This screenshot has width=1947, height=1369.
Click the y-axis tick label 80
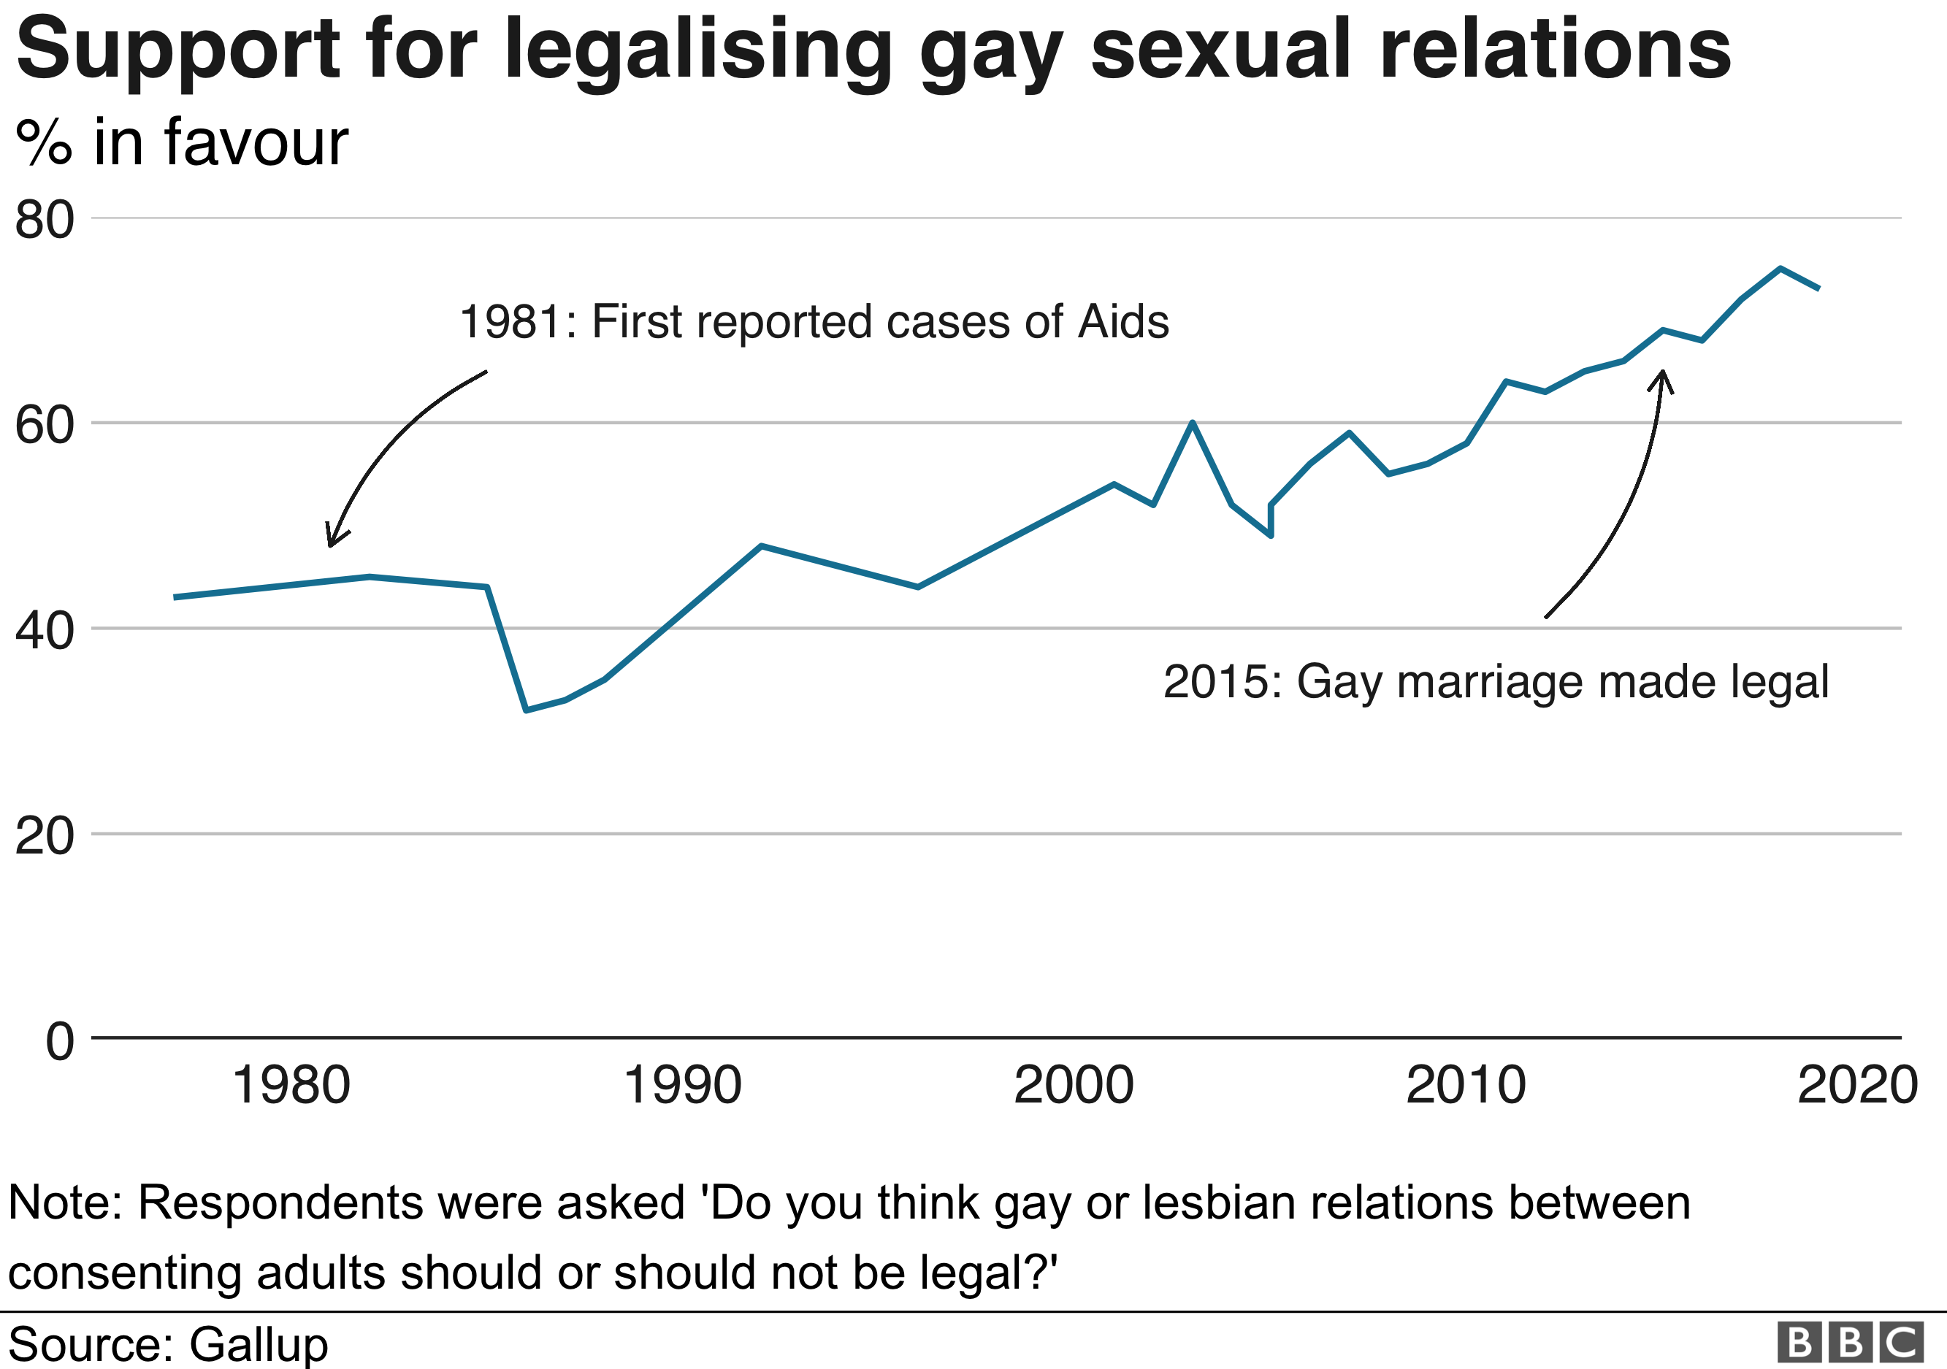point(44,221)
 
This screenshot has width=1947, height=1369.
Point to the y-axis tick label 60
point(44,426)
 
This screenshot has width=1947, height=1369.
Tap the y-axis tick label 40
point(44,632)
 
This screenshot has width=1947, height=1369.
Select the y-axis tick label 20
point(44,837)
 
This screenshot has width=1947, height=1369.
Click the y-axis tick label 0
point(59,1041)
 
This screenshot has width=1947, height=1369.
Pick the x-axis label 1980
point(291,1086)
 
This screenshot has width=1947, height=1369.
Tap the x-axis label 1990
point(683,1086)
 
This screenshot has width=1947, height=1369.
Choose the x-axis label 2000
point(1074,1086)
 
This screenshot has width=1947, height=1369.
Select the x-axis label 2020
point(1857,1086)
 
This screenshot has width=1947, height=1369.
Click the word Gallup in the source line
point(258,1344)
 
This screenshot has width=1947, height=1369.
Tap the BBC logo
point(1851,1343)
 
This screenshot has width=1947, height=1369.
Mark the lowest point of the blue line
point(527,710)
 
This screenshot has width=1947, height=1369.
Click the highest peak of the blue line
point(1780,269)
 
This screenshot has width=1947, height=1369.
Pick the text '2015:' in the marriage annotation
point(1222,683)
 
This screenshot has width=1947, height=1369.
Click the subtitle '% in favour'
point(181,142)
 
